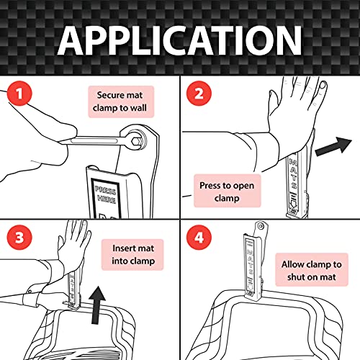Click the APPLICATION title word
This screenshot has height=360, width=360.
pyautogui.click(x=180, y=40)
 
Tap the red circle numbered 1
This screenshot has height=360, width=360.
pyautogui.click(x=19, y=94)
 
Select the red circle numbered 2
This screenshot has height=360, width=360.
pyautogui.click(x=199, y=94)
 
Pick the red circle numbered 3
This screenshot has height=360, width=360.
pyautogui.click(x=19, y=238)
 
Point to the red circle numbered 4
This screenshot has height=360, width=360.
pyautogui.click(x=199, y=238)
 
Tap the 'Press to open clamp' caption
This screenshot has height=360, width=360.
pyautogui.click(x=227, y=192)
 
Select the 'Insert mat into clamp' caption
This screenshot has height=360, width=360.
pyautogui.click(x=132, y=254)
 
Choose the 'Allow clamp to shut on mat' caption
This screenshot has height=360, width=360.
pyautogui.click(x=312, y=270)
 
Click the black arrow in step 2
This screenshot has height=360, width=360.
pyautogui.click(x=333, y=148)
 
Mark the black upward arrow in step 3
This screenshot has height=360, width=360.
pyautogui.click(x=96, y=305)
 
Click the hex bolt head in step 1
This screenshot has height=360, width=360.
pyautogui.click(x=136, y=140)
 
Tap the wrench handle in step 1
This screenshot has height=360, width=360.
pyautogui.click(x=94, y=140)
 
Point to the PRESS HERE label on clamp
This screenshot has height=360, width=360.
pyautogui.click(x=106, y=195)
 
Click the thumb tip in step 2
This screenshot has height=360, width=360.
pyautogui.click(x=323, y=85)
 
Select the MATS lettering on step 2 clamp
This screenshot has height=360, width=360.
pyautogui.click(x=294, y=174)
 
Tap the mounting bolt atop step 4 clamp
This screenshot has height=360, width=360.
pyautogui.click(x=261, y=226)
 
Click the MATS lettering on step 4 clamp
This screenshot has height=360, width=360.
pyautogui.click(x=251, y=262)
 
